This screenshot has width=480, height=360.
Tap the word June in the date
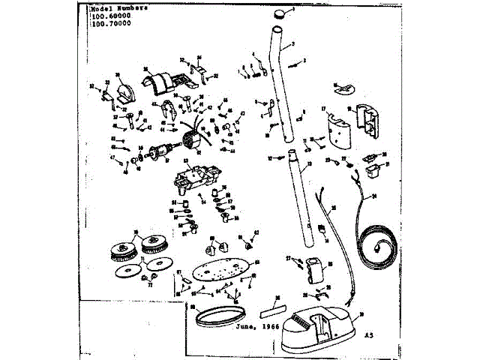(248, 327)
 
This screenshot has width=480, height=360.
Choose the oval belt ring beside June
(217, 315)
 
